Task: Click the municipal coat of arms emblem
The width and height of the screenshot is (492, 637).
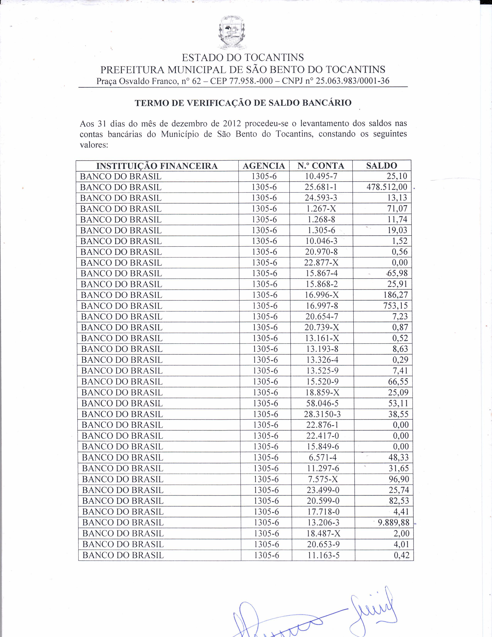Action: [x=232, y=33]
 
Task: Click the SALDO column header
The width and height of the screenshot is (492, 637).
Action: [x=381, y=166]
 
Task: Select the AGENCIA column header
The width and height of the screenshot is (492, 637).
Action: [x=264, y=166]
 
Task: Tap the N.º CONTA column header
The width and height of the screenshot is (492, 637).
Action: [x=321, y=166]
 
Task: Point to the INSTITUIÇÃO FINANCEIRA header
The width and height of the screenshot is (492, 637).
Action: [x=157, y=166]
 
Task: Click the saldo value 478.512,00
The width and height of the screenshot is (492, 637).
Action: [x=387, y=187]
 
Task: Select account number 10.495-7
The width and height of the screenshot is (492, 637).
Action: [x=321, y=176]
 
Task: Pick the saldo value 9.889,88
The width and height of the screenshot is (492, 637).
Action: [x=393, y=522]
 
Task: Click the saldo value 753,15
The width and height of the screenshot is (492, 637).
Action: [x=396, y=306]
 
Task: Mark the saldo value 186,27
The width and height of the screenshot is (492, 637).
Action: [x=396, y=295]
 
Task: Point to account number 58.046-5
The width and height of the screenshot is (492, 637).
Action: [x=322, y=403]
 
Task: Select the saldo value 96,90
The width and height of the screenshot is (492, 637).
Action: [x=399, y=479]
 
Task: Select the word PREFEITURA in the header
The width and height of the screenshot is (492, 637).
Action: [x=133, y=70]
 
